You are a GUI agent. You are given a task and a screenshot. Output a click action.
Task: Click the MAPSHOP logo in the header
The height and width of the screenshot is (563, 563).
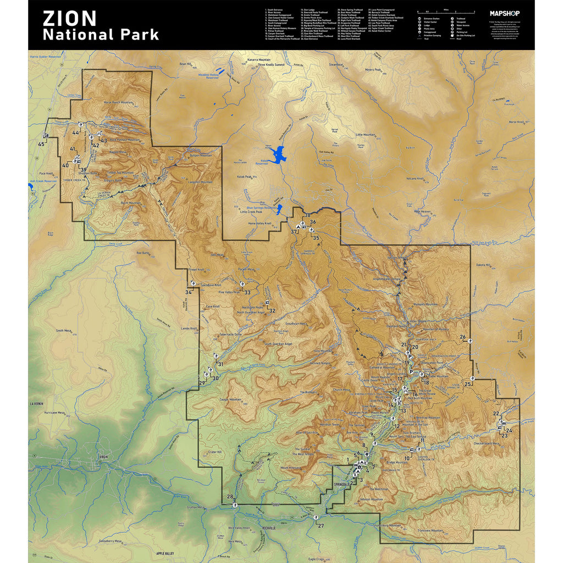click(504, 13)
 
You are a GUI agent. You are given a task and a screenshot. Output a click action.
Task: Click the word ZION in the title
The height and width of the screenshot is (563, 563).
click(70, 18)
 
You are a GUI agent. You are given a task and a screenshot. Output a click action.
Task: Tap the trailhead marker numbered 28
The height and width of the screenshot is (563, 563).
click(235, 504)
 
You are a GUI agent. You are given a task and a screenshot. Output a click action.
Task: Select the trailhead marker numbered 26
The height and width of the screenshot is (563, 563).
click(471, 342)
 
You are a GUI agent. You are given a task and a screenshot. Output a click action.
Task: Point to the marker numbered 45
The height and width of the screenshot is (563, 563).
click(46, 136)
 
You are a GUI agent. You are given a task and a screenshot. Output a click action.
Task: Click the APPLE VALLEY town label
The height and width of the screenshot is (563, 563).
click(165, 554)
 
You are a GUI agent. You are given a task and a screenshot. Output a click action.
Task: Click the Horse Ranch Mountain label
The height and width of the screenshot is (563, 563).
click(119, 103)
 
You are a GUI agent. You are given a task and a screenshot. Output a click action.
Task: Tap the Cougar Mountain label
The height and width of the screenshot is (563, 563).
click(231, 400)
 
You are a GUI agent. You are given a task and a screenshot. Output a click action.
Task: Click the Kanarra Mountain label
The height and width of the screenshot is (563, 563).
click(259, 59)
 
